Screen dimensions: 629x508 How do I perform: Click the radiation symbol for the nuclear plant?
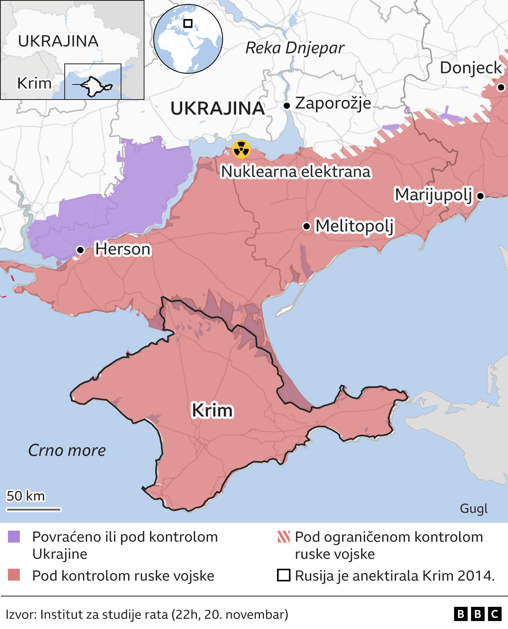[241, 150]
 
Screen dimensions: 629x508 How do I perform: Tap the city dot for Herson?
[80, 250]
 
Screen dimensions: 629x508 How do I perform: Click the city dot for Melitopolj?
[306, 226]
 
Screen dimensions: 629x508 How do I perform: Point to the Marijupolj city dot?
[480, 196]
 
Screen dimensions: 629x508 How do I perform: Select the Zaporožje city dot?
[287, 105]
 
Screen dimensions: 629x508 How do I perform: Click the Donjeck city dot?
[501, 87]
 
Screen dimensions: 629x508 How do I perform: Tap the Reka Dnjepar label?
[295, 48]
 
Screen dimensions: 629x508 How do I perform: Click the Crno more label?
[67, 450]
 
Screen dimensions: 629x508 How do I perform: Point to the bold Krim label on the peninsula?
[212, 410]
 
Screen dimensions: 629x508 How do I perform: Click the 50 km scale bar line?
[33, 509]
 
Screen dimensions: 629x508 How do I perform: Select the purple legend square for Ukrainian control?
[14, 537]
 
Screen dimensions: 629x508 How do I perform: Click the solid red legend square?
[14, 575]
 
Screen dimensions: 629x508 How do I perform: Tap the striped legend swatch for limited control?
[284, 537]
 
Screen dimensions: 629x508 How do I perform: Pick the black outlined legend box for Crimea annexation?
[283, 575]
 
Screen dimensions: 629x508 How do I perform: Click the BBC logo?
[477, 614]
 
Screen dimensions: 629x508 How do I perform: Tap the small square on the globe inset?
[188, 23]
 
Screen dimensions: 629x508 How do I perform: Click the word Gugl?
[473, 508]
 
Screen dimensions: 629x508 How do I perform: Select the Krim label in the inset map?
[35, 83]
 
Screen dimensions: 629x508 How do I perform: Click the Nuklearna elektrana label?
[296, 172]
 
